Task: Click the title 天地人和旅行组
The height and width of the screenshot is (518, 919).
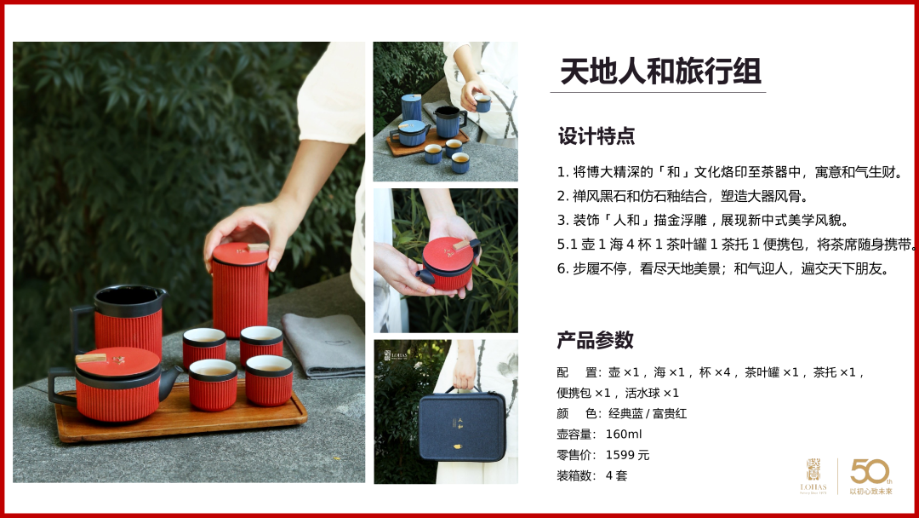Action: [660, 72]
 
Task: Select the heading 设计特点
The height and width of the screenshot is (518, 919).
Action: [596, 136]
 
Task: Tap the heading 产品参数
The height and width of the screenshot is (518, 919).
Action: [595, 340]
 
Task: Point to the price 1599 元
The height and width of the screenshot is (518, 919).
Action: [627, 455]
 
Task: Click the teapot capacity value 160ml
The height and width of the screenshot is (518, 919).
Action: [624, 435]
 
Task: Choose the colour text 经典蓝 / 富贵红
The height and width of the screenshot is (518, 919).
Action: [648, 413]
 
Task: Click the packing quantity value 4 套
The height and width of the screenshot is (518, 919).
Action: [616, 475]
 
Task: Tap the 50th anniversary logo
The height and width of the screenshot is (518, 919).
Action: [871, 475]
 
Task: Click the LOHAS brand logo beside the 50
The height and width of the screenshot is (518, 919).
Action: [813, 475]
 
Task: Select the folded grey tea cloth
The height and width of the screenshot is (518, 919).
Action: [324, 345]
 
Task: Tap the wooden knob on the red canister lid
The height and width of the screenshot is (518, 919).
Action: [257, 247]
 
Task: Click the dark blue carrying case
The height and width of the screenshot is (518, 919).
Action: [462, 425]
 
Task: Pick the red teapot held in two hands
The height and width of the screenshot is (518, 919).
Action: [449, 265]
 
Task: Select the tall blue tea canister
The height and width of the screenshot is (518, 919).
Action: [412, 107]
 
